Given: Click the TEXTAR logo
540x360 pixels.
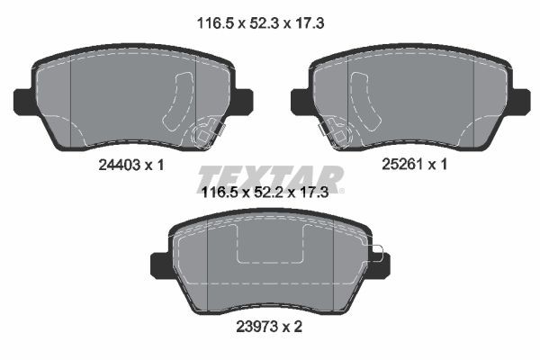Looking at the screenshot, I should click(270, 177).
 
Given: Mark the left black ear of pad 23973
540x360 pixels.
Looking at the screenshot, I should click(159, 265).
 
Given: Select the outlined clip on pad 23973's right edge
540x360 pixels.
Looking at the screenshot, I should click(376, 255).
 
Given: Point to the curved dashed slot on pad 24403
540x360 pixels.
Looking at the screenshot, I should click(175, 104).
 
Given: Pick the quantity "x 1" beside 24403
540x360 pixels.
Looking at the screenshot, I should click(152, 165).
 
